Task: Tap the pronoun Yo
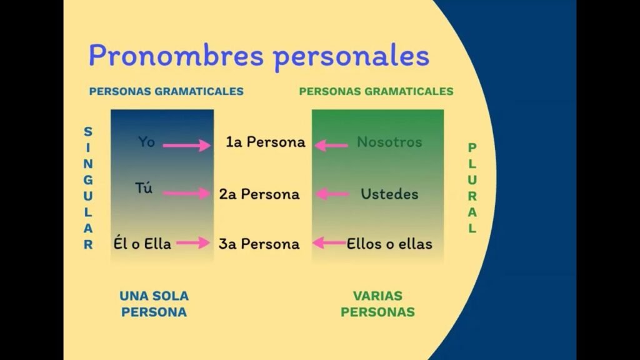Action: tap(146, 142)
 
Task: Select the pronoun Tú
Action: tap(144, 188)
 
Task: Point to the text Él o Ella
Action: tap(142, 243)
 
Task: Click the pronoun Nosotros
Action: tap(389, 142)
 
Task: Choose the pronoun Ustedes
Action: tap(389, 194)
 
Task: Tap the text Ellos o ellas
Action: tap(389, 243)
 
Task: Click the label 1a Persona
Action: tap(266, 142)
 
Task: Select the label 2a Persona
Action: tap(259, 194)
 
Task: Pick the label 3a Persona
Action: tap(259, 243)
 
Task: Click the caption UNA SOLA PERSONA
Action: tap(154, 304)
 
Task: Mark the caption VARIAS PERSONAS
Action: tap(377, 304)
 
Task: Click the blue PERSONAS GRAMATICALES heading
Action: tap(166, 91)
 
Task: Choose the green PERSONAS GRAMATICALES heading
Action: tap(376, 91)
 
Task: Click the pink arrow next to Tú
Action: tap(187, 194)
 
